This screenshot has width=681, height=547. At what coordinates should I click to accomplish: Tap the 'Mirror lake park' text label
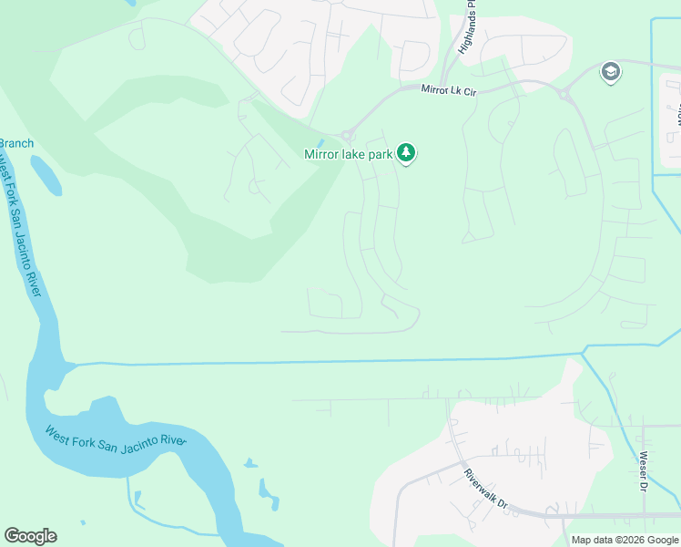[348, 155]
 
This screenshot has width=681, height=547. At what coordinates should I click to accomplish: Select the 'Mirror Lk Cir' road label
[450, 89]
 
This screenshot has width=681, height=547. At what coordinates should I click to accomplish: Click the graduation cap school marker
[611, 72]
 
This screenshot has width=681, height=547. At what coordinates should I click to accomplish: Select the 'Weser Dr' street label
[644, 470]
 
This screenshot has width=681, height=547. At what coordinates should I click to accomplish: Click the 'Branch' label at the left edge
[15, 143]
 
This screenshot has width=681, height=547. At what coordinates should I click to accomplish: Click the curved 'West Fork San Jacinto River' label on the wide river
[116, 435]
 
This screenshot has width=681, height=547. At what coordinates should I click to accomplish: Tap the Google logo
[30, 536]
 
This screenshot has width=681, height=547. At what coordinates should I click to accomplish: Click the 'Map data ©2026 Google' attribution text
[625, 540]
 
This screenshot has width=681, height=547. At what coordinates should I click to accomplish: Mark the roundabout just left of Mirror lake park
[346, 135]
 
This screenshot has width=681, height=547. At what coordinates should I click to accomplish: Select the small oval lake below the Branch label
[46, 175]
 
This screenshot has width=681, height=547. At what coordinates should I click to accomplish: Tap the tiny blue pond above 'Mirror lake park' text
[320, 143]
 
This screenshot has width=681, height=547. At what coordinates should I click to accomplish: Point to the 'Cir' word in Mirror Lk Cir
[469, 90]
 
